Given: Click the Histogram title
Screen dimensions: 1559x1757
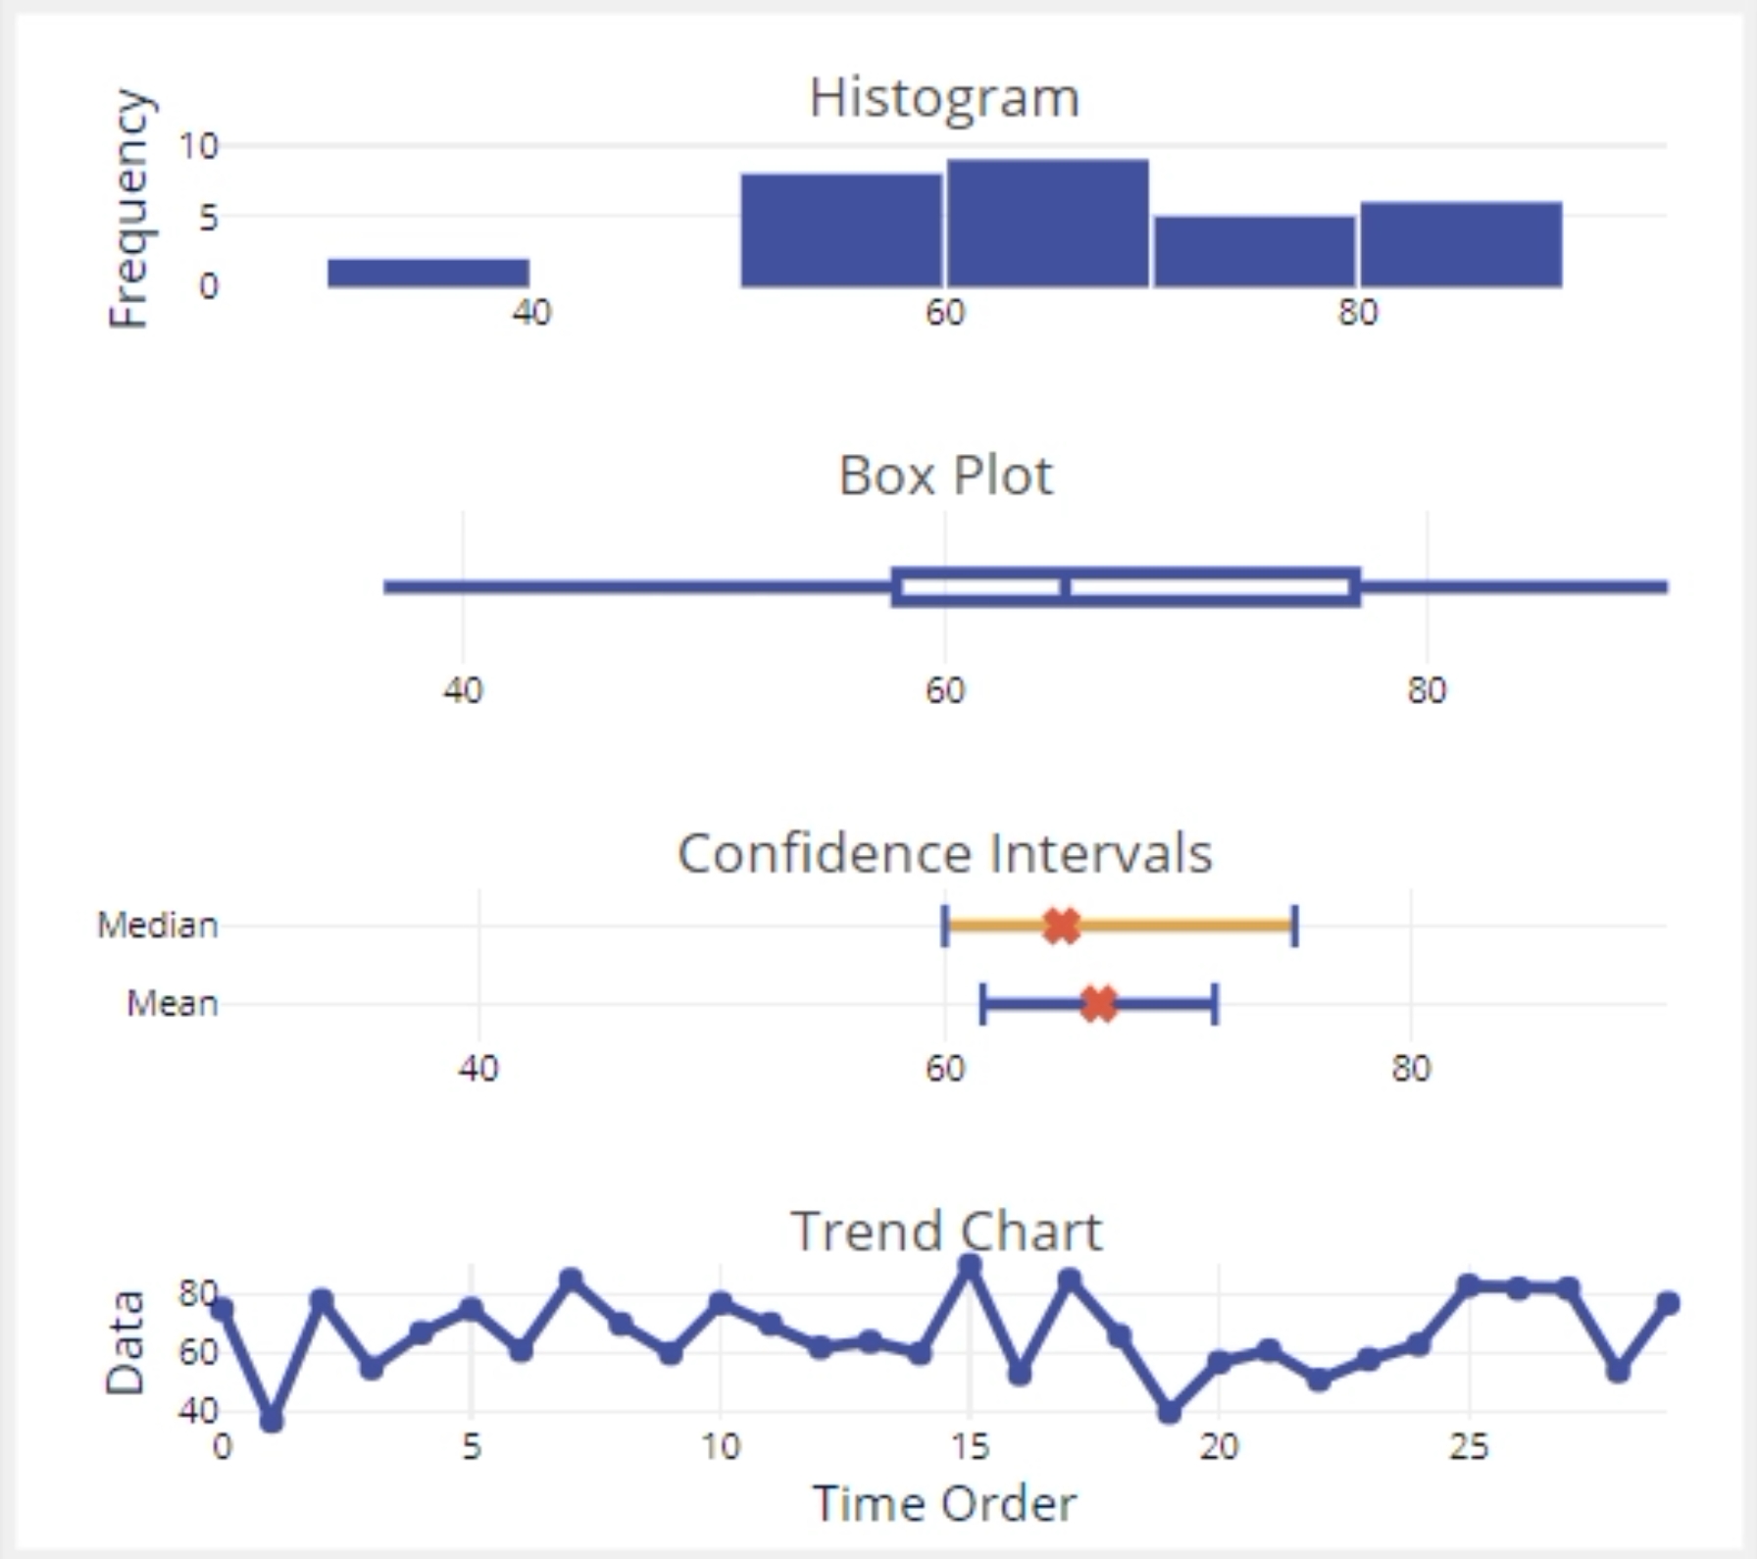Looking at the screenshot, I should (944, 98).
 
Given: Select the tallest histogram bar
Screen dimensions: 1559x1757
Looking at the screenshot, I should (1047, 224).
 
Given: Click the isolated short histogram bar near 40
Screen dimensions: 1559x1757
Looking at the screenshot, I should (428, 273).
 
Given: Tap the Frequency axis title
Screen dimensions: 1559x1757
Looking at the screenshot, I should (128, 209).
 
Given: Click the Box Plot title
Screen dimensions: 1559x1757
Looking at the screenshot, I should (945, 477).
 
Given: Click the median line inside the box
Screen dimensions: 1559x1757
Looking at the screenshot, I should (1065, 587).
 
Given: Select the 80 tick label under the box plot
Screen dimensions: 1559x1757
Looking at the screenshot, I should (1427, 691).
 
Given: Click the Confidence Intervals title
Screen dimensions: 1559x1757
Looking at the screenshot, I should (944, 853).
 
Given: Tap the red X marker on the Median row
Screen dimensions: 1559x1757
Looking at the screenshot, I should (1061, 926).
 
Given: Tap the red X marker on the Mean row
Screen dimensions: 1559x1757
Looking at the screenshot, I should (1099, 1004).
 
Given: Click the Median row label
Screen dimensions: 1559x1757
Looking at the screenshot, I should (157, 926).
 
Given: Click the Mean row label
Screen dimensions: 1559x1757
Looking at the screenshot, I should (172, 1004).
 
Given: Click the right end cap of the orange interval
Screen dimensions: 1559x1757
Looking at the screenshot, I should (1295, 926).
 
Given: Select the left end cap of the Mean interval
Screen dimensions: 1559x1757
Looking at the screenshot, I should (983, 1004).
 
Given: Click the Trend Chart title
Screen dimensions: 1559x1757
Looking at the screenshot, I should (946, 1232).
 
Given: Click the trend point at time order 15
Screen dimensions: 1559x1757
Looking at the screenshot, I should (970, 1266).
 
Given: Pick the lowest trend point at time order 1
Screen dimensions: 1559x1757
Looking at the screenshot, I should (272, 1420).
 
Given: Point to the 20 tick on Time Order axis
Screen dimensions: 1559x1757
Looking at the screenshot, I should (1219, 1447).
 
